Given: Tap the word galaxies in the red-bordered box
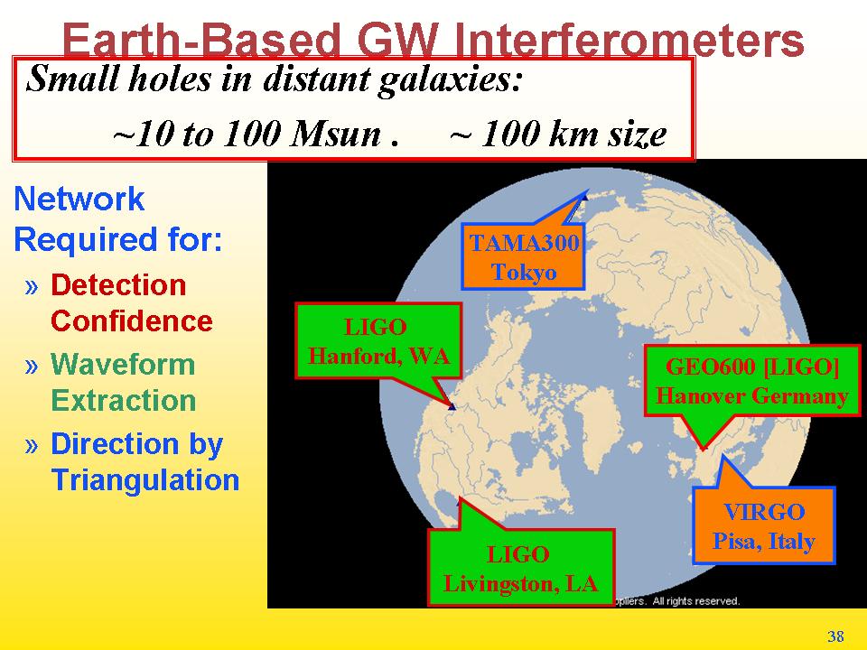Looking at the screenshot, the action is [x=450, y=79].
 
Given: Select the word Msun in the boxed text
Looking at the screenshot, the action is [x=336, y=134].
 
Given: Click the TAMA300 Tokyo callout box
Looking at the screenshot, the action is [x=523, y=256].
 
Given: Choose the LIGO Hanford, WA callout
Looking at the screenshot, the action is [x=378, y=341].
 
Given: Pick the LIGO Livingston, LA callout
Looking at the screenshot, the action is [x=521, y=568].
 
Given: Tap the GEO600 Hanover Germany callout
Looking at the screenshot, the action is [x=752, y=381].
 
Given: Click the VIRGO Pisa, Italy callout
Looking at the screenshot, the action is [x=764, y=525].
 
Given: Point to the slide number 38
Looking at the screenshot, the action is [x=835, y=636].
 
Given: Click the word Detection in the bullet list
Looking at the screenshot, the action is [x=118, y=285].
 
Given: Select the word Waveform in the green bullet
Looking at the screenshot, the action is [x=123, y=365].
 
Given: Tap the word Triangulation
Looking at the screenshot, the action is [x=144, y=479].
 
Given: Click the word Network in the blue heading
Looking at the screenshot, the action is [x=79, y=199].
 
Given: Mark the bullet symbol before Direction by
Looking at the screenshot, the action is [x=32, y=445].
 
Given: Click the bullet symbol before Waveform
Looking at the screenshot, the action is [x=32, y=366].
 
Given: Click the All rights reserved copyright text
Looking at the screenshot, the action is [x=695, y=601].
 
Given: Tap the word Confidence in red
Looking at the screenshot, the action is [x=132, y=321].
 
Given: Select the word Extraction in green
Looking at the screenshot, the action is [x=124, y=401].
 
